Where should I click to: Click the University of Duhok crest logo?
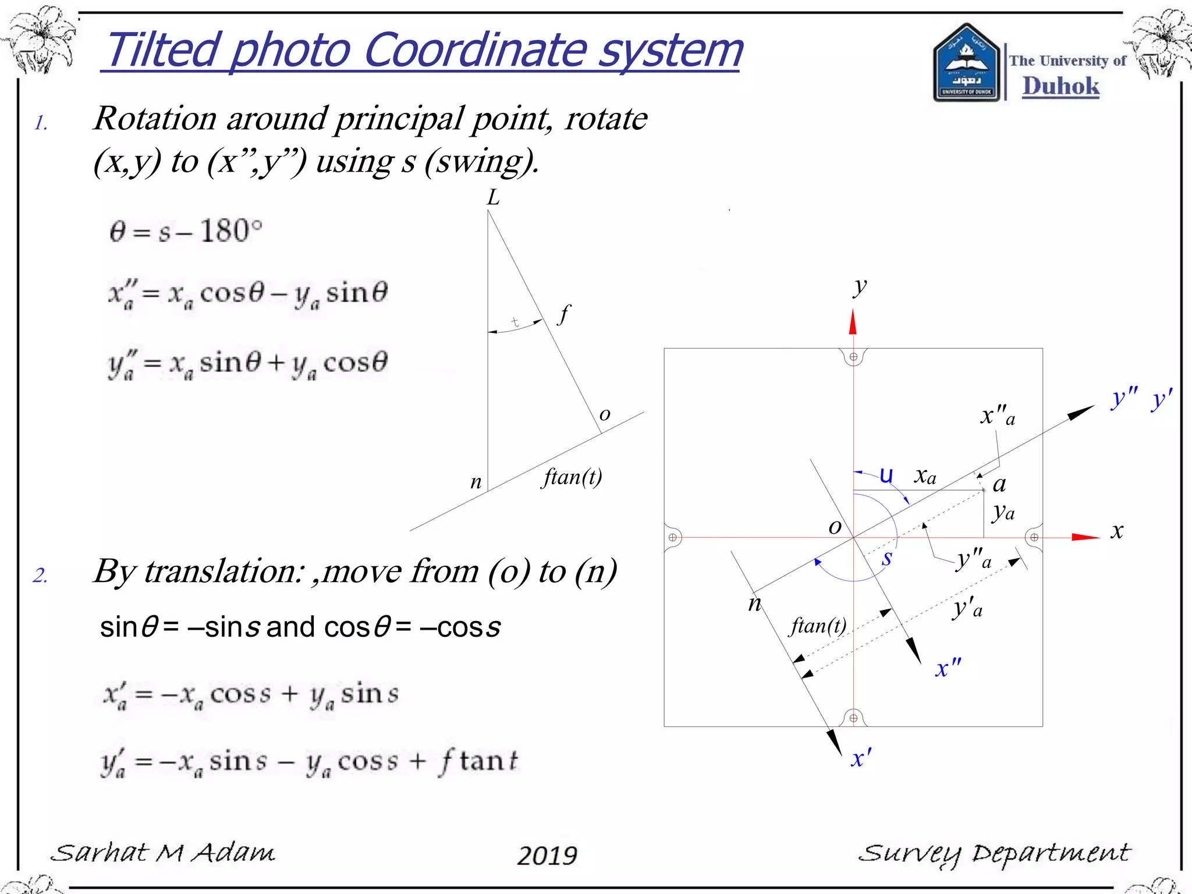coord(967,63)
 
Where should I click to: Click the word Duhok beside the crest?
coord(1060,86)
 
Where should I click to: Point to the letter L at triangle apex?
coord(493,198)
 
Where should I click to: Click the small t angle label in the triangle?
coord(515,322)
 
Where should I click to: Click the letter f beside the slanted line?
coord(563,315)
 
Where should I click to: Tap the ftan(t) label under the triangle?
coord(572,477)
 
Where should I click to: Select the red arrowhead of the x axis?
coord(1085,537)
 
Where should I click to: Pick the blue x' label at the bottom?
coord(861,758)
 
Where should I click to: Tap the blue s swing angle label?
coord(886,558)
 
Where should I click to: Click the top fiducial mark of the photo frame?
coord(853,357)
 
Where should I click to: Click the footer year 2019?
coord(547,855)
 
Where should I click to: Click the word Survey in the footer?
coord(911,854)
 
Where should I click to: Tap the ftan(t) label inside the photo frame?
coord(818,626)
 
